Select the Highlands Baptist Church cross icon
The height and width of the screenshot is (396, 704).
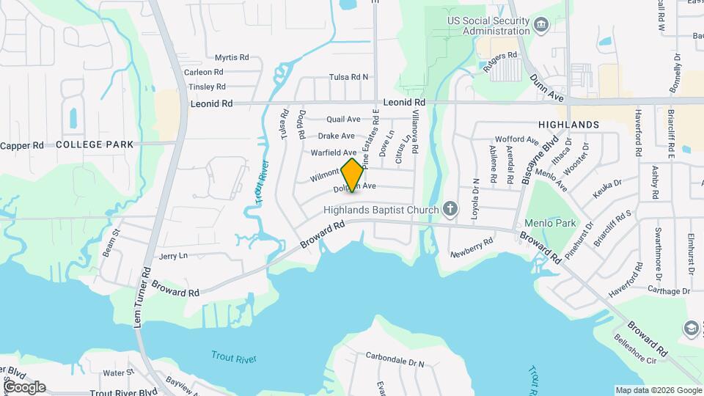450,210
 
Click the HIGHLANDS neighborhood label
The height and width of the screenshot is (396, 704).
568,125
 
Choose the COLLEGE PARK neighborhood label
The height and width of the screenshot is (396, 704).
95,144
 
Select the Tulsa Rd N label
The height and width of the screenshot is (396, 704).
348,77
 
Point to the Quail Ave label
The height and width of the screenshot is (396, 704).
343,119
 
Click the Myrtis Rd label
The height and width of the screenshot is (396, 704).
232,57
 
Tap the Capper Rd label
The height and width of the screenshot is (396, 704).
22,145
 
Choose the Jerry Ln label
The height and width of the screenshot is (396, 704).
173,256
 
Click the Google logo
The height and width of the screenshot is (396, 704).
23,386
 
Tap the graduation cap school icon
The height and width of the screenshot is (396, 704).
691,328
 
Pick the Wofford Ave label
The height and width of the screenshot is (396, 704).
517,139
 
